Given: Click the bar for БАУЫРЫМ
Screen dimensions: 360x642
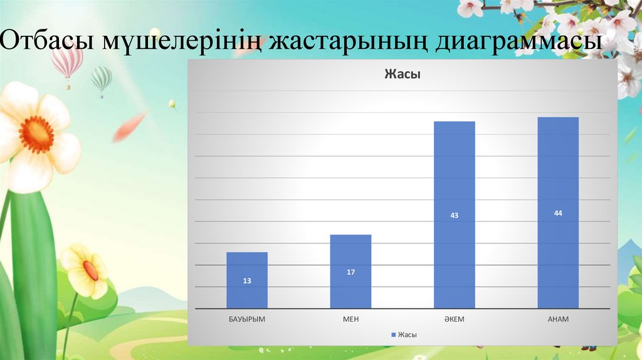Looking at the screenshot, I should pyautogui.click(x=247, y=280).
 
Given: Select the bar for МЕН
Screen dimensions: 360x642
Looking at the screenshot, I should pyautogui.click(x=350, y=272).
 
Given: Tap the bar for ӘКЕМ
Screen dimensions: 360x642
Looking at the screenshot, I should pyautogui.click(x=454, y=214).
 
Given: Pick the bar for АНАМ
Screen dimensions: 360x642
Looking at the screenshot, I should pyautogui.click(x=558, y=213).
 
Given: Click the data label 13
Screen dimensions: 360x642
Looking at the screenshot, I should pyautogui.click(x=247, y=281).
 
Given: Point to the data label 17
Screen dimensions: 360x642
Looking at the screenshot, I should pyautogui.click(x=350, y=272).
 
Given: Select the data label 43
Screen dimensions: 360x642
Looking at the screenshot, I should pyautogui.click(x=455, y=215).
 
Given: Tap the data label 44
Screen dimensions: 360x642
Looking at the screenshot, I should pyautogui.click(x=558, y=213).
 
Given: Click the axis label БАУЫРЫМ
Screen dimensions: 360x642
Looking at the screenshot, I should pyautogui.click(x=247, y=319).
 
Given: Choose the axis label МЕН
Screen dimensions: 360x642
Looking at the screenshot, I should pyautogui.click(x=350, y=319).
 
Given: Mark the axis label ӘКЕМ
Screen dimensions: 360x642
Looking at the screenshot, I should pyautogui.click(x=455, y=319).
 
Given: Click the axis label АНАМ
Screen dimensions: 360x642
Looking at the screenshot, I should pyautogui.click(x=558, y=319).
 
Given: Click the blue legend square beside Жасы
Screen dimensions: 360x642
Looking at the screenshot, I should pyautogui.click(x=393, y=335).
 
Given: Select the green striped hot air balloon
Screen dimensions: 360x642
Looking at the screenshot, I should pyautogui.click(x=101, y=80).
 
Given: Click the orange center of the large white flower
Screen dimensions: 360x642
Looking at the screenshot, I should pyautogui.click(x=36, y=134).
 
